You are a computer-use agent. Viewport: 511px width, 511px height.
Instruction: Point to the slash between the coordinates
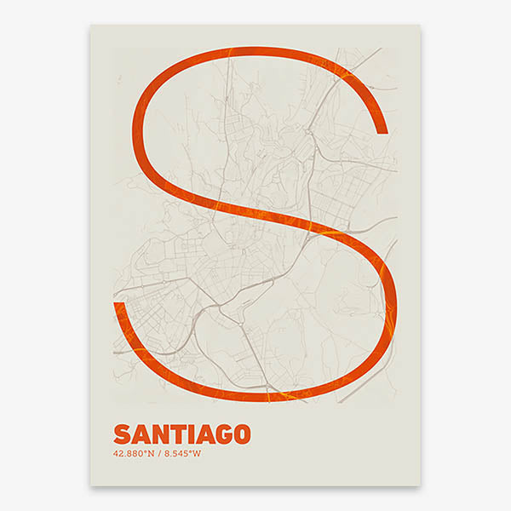tap(161, 452)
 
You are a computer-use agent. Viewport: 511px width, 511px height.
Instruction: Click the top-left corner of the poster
tap(90, 24)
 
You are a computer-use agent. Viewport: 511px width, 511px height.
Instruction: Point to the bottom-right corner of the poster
tap(421, 486)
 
